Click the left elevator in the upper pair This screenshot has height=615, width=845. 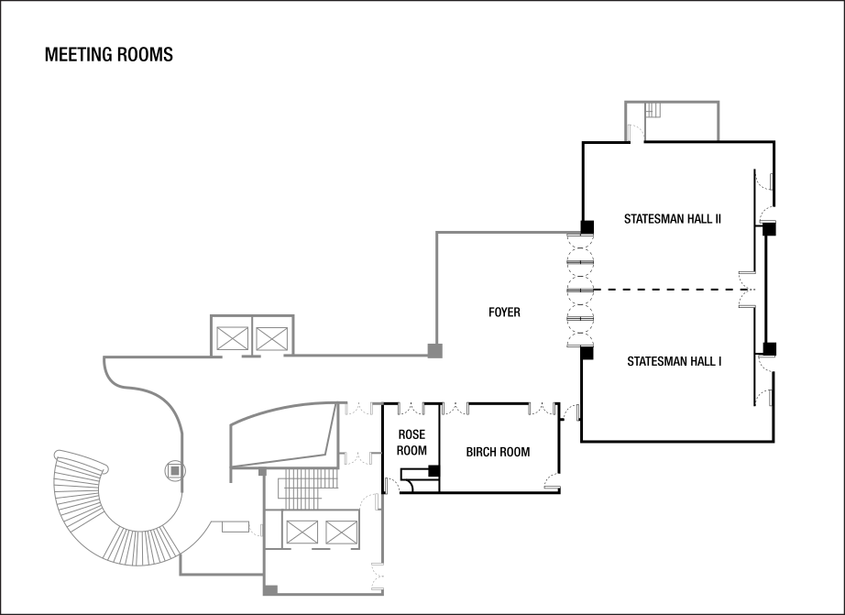pyautogui.click(x=231, y=339)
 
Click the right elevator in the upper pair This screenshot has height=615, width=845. pyautogui.click(x=271, y=339)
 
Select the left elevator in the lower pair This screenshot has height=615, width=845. pyautogui.click(x=302, y=532)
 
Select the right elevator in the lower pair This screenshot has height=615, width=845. pyautogui.click(x=340, y=532)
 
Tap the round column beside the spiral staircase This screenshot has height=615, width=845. pyautogui.click(x=175, y=470)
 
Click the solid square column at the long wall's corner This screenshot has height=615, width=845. pyautogui.click(x=434, y=350)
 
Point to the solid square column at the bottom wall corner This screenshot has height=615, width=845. pyautogui.click(x=270, y=590)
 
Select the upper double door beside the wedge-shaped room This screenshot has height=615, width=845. pyautogui.click(x=362, y=408)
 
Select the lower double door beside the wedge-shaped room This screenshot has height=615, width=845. pyautogui.click(x=362, y=457)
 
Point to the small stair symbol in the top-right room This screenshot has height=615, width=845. pyautogui.click(x=653, y=110)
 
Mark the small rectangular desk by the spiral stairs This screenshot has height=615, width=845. pyautogui.click(x=236, y=526)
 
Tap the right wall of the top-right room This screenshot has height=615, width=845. pyautogui.click(x=719, y=120)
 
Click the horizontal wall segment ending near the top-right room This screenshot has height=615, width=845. pyautogui.click(x=509, y=232)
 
